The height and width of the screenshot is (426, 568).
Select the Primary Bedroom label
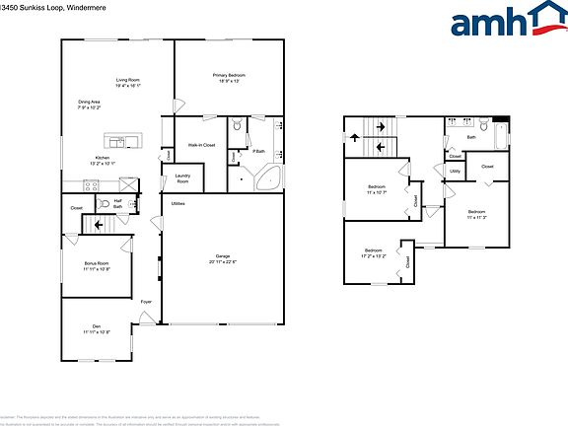tap(229, 76)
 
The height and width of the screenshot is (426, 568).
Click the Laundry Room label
tap(182, 178)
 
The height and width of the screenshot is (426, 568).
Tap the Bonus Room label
tap(97, 264)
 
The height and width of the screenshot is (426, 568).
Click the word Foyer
tap(146, 302)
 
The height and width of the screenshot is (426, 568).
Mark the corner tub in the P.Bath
tap(269, 178)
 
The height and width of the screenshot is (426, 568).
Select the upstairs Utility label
tap(455, 172)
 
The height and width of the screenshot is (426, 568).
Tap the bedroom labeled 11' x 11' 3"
tap(476, 213)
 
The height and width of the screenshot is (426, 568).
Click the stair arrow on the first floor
tap(97, 225)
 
